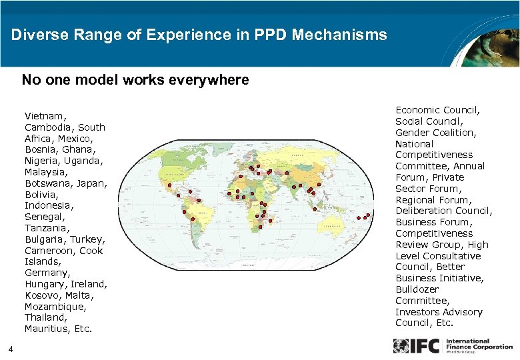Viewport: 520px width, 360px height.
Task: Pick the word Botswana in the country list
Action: pos(48,183)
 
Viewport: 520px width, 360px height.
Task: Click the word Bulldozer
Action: pos(417,289)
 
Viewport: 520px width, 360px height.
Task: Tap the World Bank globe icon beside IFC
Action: pos(401,346)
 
